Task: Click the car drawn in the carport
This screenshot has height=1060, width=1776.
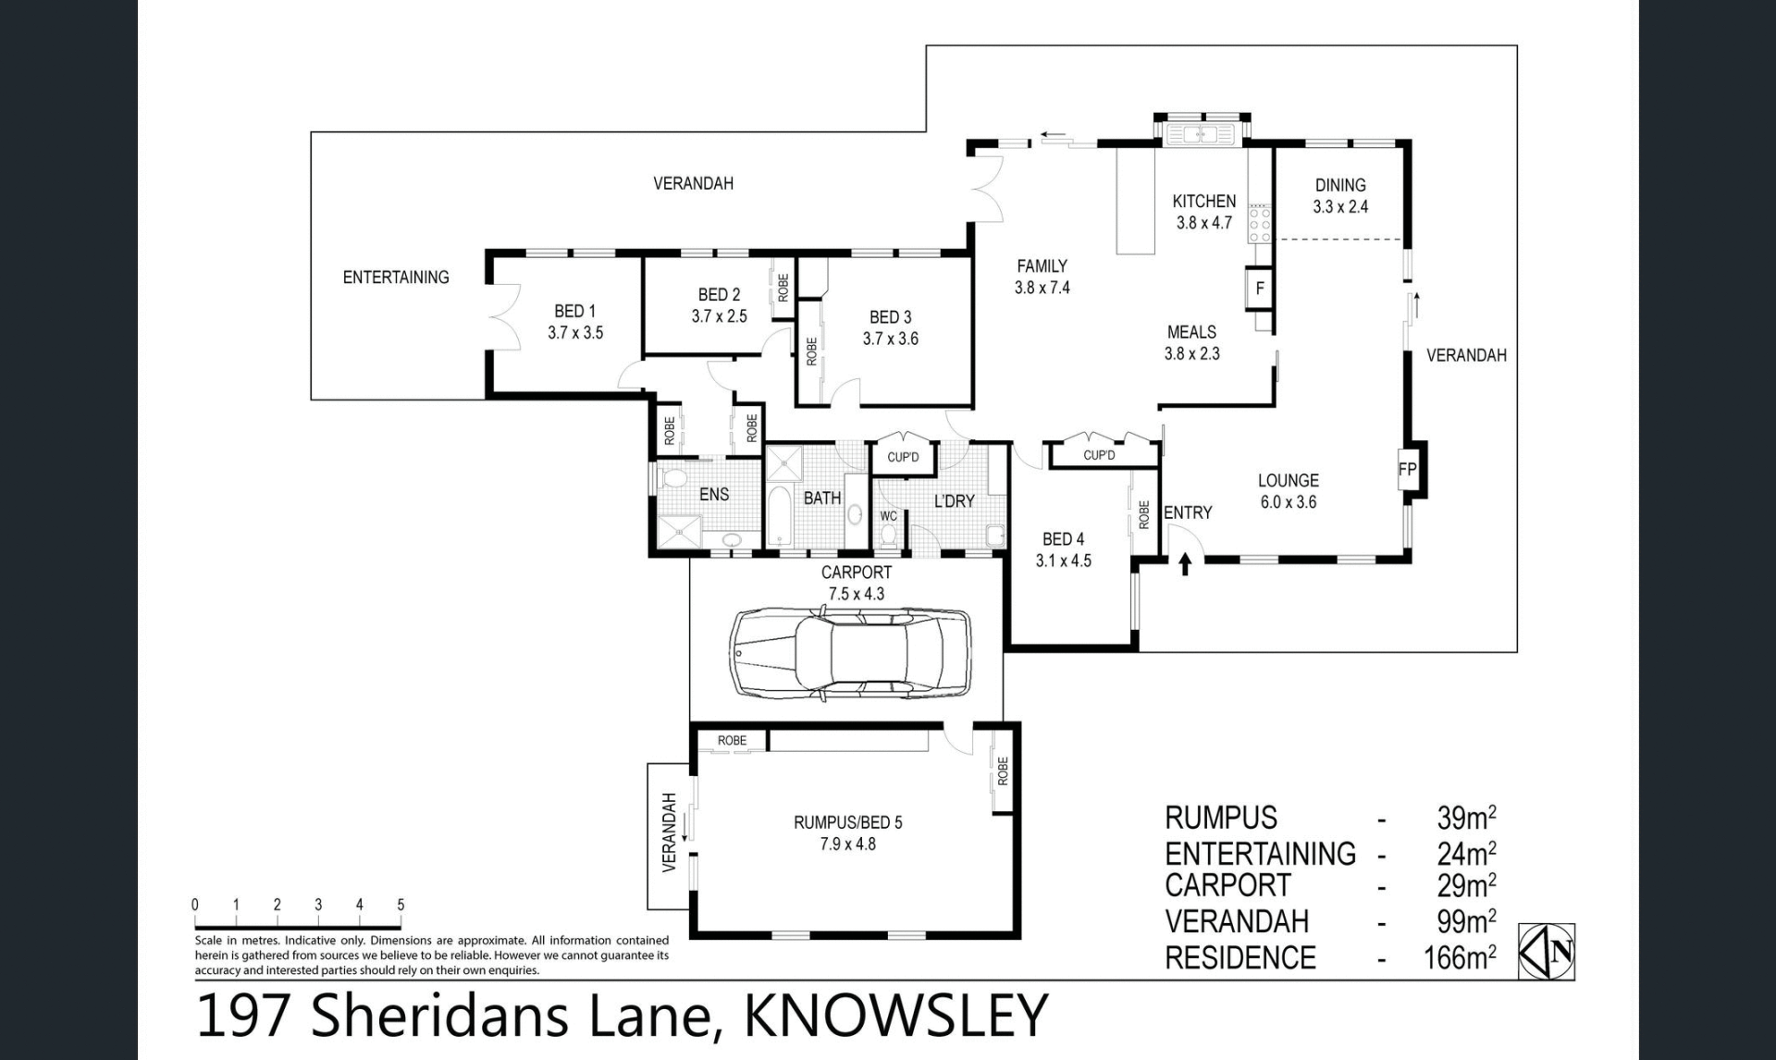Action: pos(850,652)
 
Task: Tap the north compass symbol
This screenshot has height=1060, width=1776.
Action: pos(1547,951)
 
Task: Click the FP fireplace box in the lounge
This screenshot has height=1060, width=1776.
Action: pos(1407,469)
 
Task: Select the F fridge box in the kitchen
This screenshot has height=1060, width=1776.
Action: pos(1259,289)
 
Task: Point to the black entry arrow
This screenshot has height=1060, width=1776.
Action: pos(1185,563)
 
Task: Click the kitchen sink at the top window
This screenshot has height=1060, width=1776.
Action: pos(1201,135)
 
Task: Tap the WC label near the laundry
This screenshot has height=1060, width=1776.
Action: pos(888,516)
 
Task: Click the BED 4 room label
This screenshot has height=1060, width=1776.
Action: pos(1063,538)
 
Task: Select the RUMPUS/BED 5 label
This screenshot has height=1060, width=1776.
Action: pos(847,821)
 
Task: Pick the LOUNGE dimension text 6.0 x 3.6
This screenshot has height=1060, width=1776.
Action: pos(1288,502)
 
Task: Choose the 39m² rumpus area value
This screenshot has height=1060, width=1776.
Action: pos(1466,817)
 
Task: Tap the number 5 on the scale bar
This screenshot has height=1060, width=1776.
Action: pos(401,905)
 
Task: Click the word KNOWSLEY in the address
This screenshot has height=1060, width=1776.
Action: pos(895,1016)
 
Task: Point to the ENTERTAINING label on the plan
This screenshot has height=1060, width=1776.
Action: pos(396,277)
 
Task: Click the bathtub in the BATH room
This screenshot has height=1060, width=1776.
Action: pos(779,514)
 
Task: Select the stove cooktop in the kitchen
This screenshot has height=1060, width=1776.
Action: pos(1260,223)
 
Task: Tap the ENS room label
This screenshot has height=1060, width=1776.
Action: pos(714,494)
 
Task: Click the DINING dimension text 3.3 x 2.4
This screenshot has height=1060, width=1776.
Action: pos(1340,206)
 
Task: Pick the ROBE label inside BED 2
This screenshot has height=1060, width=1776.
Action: pos(783,287)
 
